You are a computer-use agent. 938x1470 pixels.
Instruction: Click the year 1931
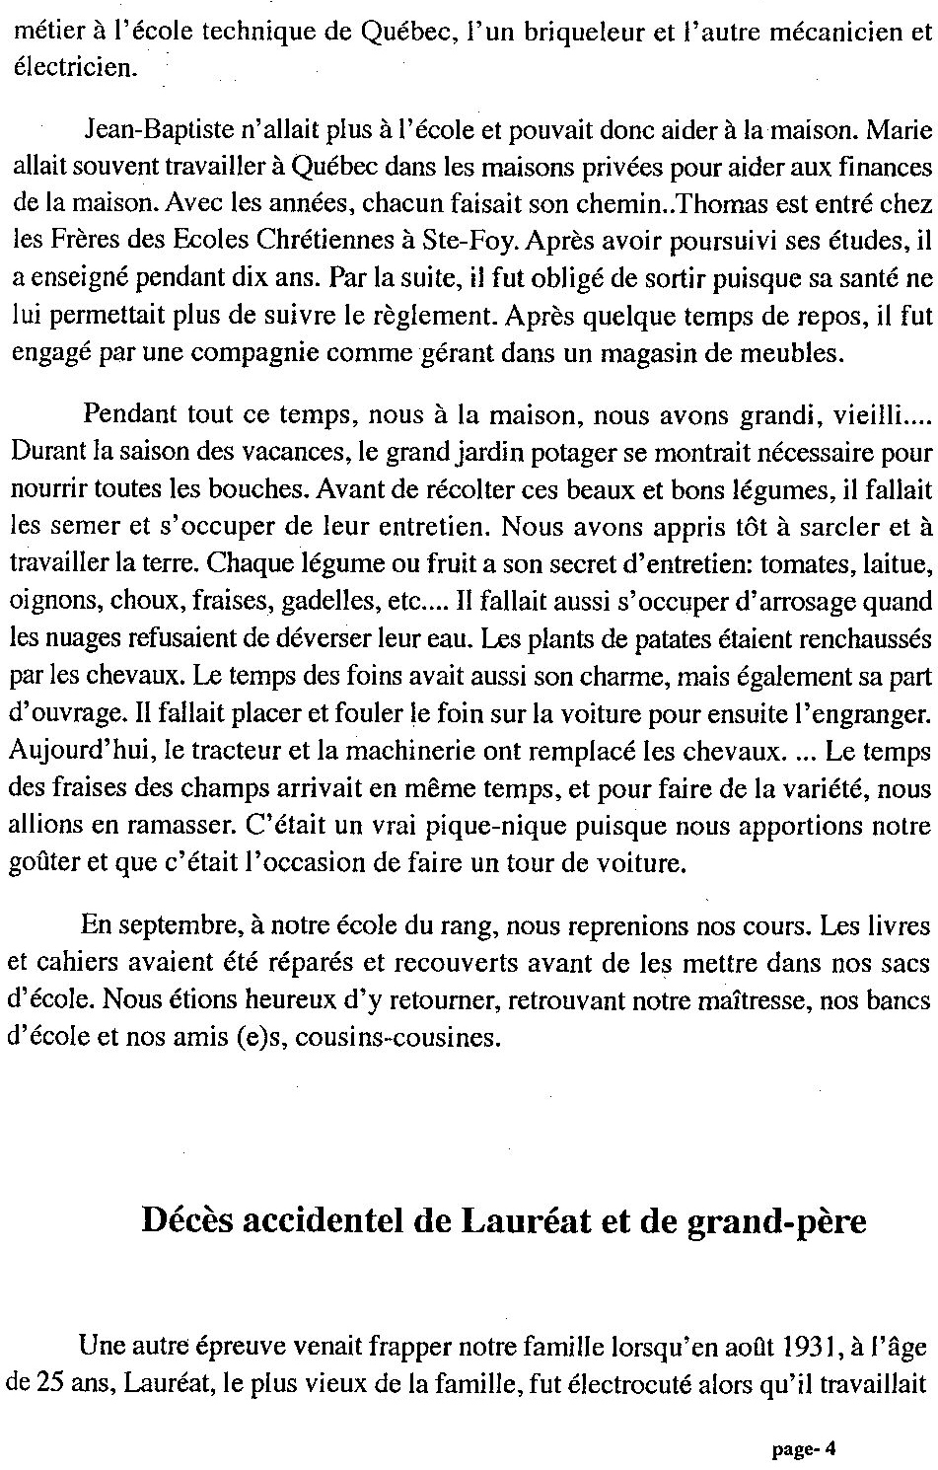click(x=796, y=1346)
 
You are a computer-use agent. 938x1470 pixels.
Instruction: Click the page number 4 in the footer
click(x=830, y=1449)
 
